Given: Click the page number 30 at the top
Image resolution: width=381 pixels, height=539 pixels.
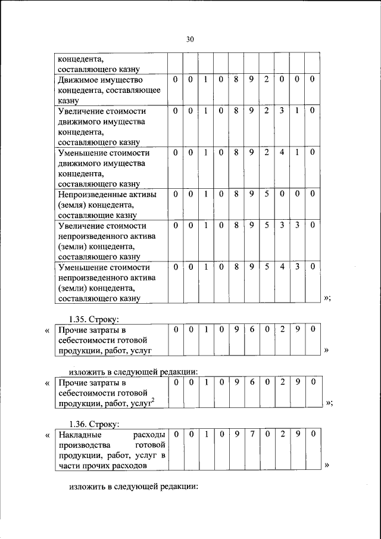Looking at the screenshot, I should coord(190,39).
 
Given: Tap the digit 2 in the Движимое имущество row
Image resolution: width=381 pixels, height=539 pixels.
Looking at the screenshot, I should coord(267,79).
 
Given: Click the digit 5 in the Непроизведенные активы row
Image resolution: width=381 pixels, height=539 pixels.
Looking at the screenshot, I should coord(267,194).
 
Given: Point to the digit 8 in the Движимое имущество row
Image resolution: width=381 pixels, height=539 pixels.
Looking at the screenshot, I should coord(236,79).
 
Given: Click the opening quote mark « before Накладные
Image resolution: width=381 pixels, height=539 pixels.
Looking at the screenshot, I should coord(47,435).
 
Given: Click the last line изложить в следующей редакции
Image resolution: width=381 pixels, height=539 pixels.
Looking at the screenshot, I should coord(133,487).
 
